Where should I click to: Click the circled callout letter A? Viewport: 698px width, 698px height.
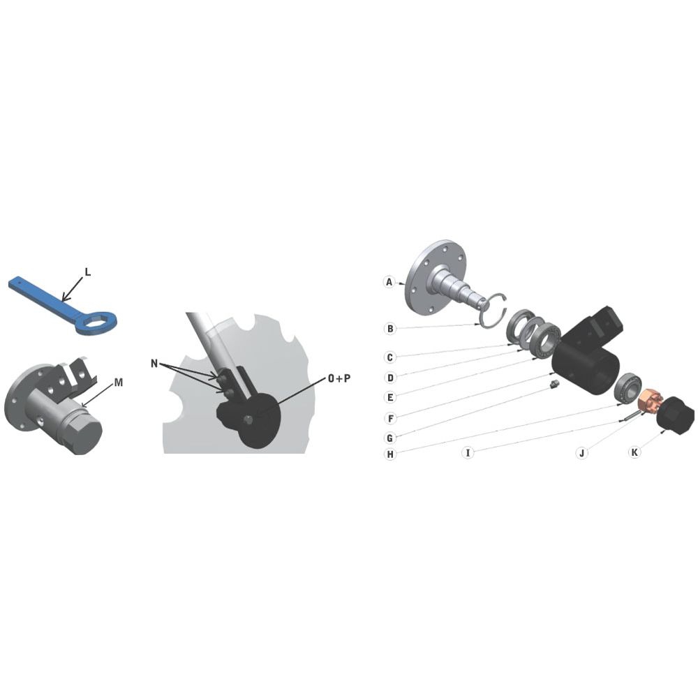point(389,282)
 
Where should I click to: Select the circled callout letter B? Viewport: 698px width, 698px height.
point(390,329)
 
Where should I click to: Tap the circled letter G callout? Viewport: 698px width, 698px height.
point(390,438)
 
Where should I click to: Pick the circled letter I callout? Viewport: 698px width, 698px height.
point(468,453)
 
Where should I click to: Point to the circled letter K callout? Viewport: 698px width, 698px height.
point(634,452)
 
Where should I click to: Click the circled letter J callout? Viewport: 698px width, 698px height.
point(582,453)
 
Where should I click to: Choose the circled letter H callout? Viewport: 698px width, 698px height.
point(390,454)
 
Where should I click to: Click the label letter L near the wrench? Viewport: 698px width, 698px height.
point(88,272)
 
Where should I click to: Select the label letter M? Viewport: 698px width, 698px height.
point(119,383)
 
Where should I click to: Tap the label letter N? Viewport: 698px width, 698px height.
point(154,364)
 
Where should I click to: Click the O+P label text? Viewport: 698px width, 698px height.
point(339,378)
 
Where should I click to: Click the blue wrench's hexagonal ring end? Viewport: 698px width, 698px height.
point(96,322)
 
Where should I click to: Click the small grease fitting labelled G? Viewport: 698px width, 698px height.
point(554,384)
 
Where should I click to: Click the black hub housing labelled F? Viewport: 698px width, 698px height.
point(588,352)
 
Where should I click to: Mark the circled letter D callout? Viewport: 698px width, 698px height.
point(390,378)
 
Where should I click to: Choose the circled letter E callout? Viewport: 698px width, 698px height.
point(390,397)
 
